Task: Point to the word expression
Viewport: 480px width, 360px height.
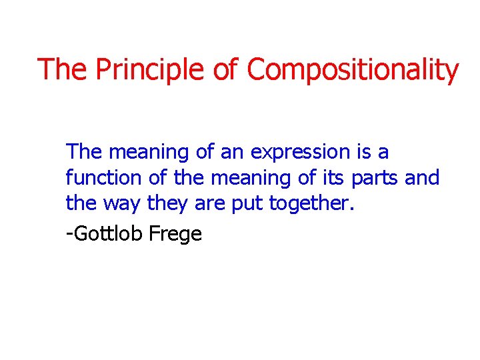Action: point(300,153)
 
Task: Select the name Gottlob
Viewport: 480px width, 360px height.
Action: point(107,233)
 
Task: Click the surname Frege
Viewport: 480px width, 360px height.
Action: point(176,235)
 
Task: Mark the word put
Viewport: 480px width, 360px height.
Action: point(247,204)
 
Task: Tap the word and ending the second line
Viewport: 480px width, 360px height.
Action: point(423,178)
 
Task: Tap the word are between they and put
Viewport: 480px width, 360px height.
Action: point(210,204)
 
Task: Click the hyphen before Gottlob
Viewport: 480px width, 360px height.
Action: point(69,235)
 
